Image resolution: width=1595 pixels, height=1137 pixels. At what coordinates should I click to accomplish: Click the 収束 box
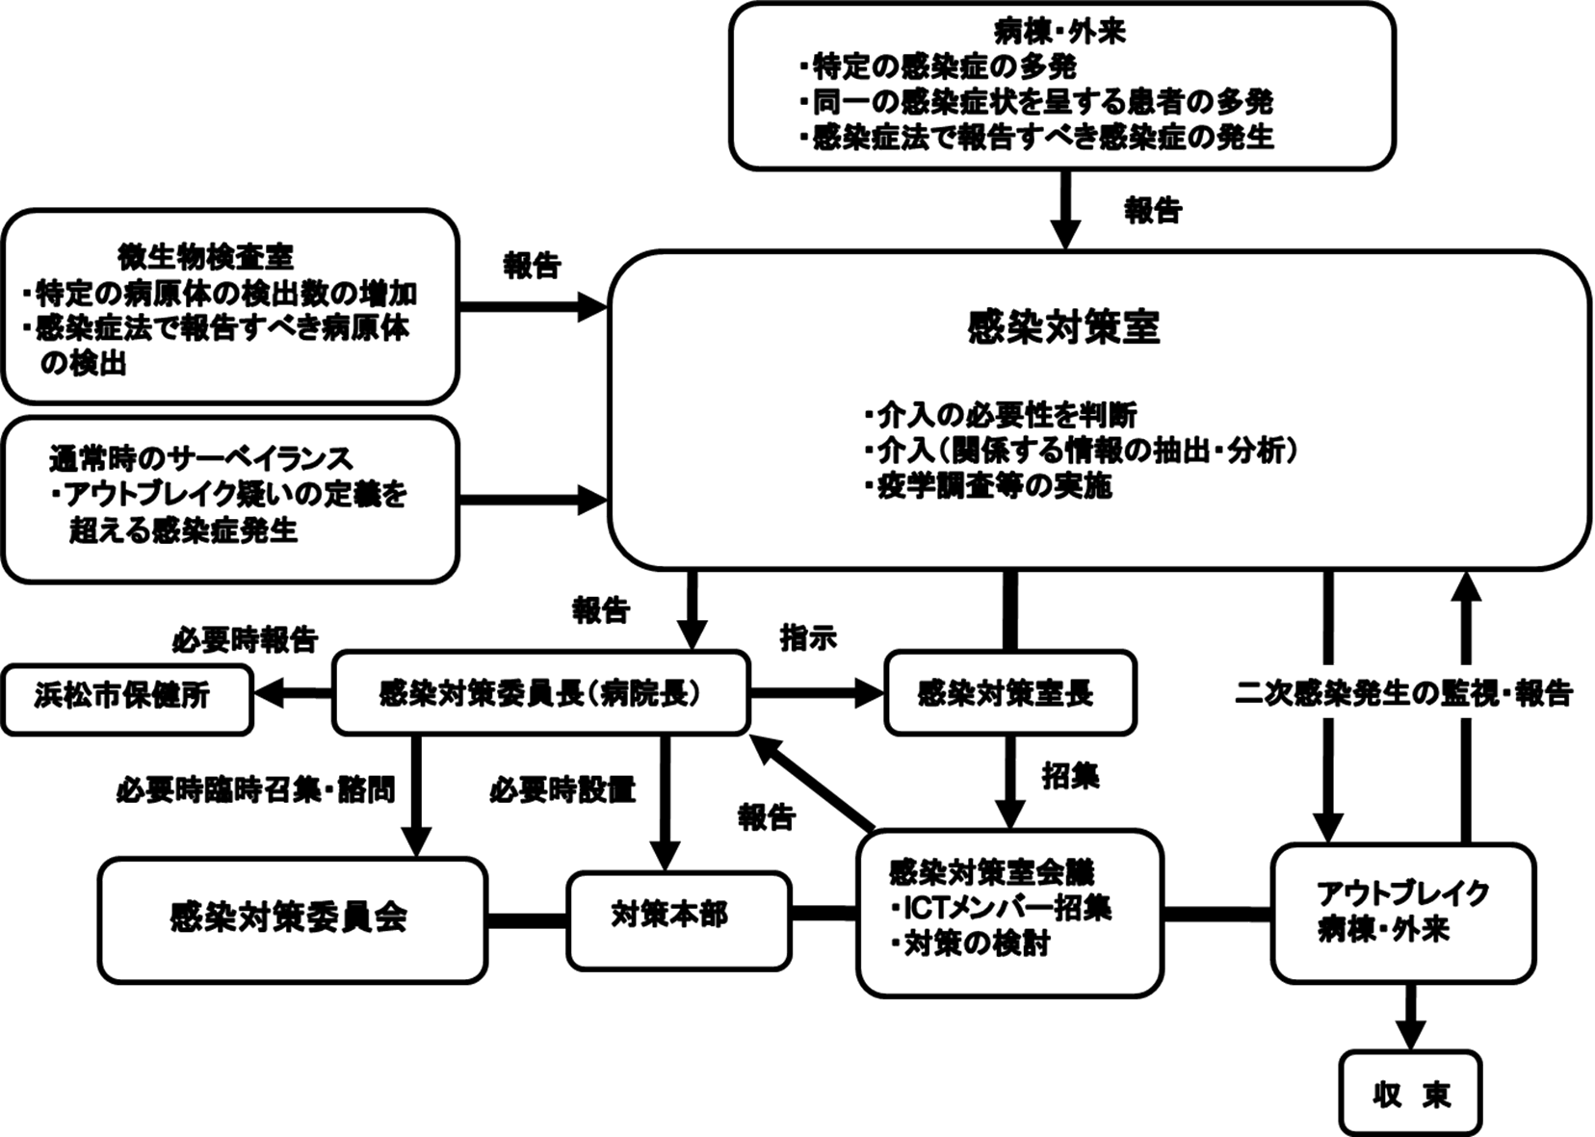[x=1410, y=1094]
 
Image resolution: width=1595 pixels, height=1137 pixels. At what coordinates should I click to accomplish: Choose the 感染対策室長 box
[x=1009, y=693]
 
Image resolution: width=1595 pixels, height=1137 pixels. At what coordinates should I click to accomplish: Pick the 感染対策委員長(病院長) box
[x=539, y=693]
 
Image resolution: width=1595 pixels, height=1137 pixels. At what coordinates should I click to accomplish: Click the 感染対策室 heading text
[x=1063, y=327]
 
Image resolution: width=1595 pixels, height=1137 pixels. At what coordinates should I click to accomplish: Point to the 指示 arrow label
[x=807, y=637]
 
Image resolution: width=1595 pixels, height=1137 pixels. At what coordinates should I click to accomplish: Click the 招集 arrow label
[x=1070, y=776]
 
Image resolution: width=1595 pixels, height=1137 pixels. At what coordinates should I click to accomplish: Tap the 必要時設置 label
[x=562, y=789]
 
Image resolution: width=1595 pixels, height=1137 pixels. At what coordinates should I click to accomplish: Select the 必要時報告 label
[x=245, y=639]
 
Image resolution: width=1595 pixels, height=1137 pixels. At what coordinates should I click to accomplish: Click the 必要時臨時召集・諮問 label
[x=255, y=789]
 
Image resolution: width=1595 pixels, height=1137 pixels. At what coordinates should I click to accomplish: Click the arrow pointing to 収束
[x=1411, y=1017]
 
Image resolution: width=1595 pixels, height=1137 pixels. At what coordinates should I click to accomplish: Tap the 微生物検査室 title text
[x=205, y=257]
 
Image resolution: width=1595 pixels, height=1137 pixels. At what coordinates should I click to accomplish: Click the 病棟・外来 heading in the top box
[x=1060, y=32]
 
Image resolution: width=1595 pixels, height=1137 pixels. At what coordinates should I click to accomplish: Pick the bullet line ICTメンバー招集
[x=1002, y=908]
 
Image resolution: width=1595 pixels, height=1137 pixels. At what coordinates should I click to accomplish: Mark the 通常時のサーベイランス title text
[x=200, y=458]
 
